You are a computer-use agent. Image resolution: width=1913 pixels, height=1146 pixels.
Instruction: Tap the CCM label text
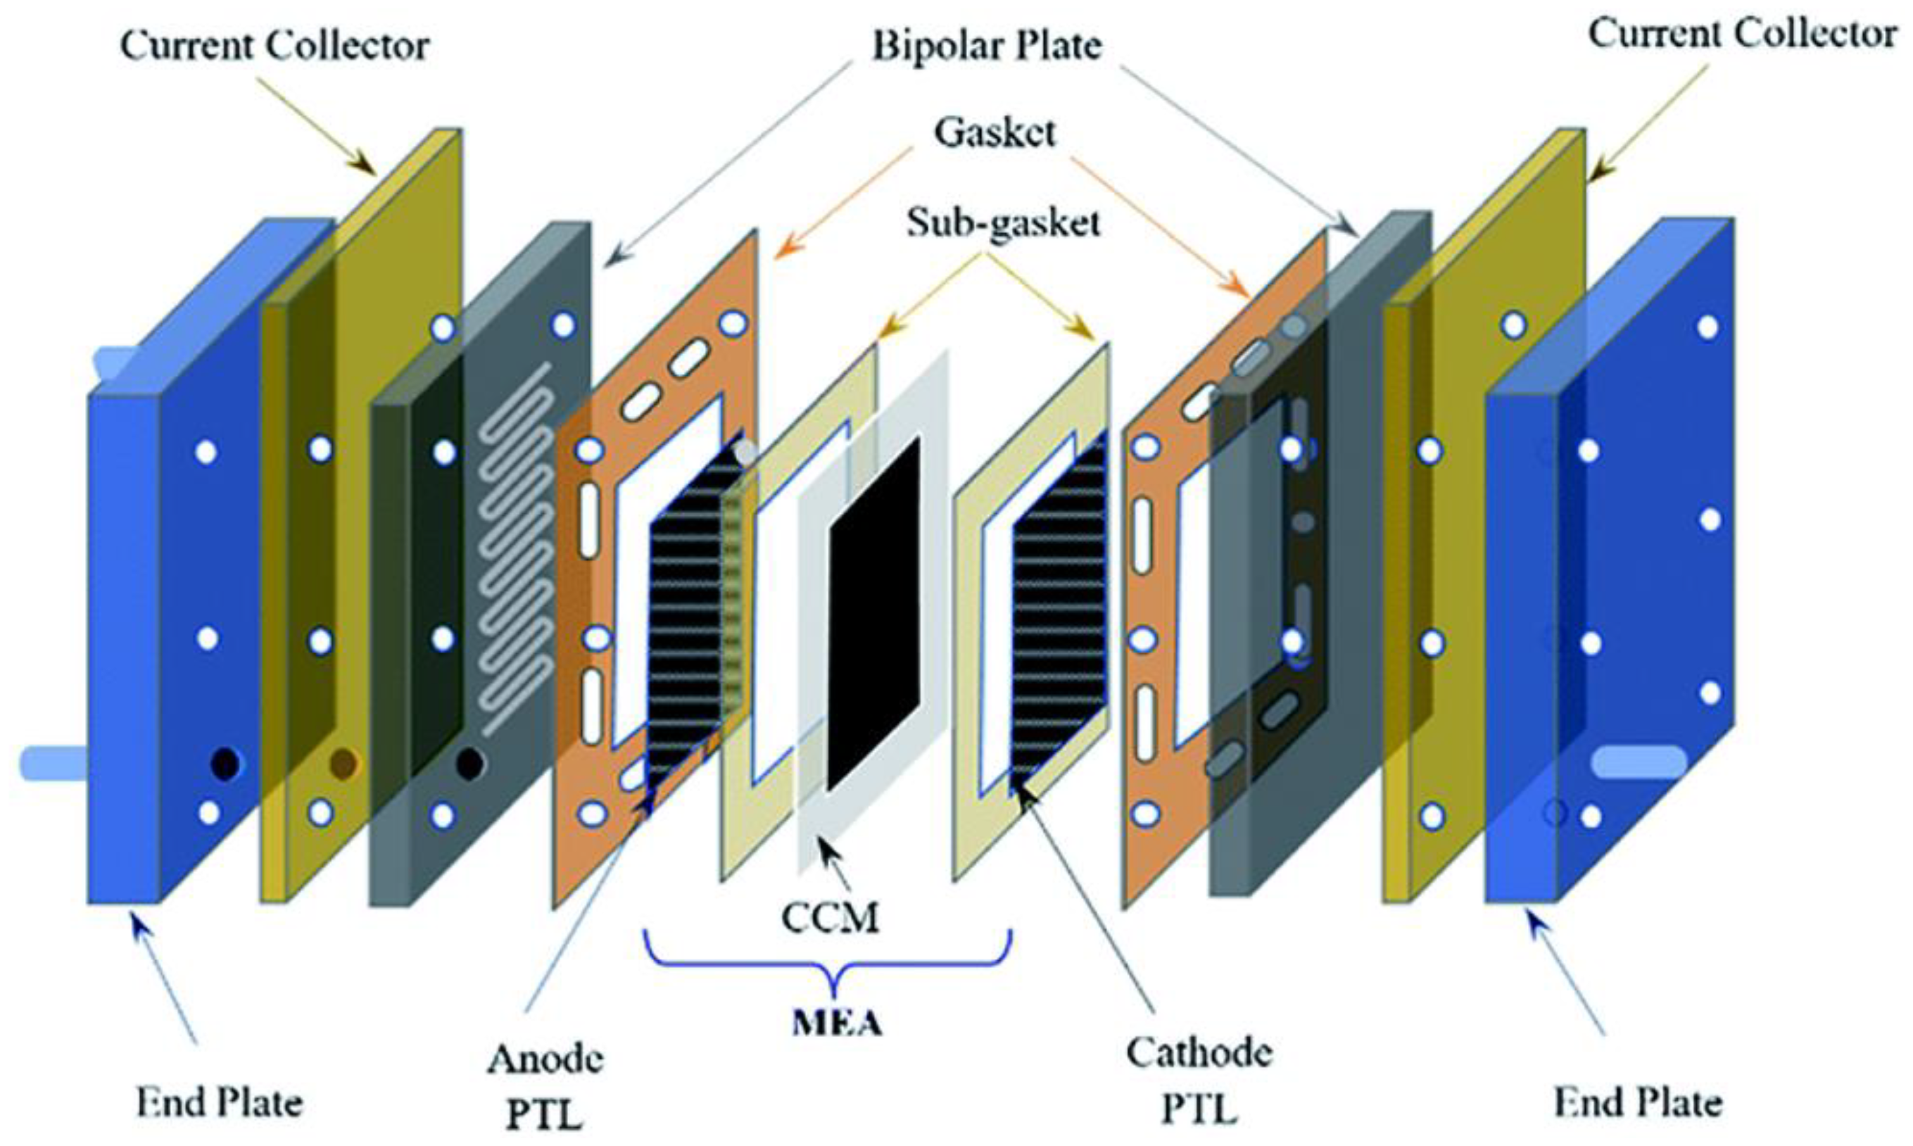[x=830, y=918]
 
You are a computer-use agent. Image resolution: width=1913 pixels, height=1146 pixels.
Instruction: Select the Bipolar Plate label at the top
[x=987, y=46]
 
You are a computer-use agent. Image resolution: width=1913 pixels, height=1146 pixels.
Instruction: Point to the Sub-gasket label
[x=1003, y=223]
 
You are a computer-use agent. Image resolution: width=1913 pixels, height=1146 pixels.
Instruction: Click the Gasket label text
[x=995, y=133]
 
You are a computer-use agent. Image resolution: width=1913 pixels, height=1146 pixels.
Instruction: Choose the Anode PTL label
[x=544, y=1085]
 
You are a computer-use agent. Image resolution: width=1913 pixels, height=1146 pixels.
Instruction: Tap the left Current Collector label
[x=274, y=46]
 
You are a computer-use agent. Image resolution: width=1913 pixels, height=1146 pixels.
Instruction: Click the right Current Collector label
[x=1741, y=34]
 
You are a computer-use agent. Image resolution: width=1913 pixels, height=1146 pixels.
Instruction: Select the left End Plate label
[x=220, y=1103]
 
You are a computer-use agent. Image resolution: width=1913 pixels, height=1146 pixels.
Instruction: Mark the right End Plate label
[x=1637, y=1103]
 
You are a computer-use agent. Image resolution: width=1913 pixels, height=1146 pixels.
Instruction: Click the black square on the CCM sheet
[x=875, y=614]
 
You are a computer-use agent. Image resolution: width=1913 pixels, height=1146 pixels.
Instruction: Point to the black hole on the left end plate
[x=225, y=764]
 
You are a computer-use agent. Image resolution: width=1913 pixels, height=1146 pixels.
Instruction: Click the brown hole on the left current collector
[x=343, y=763]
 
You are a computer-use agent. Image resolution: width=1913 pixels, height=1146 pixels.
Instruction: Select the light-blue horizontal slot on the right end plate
[x=1639, y=762]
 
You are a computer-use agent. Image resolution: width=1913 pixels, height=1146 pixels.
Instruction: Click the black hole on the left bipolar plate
[x=469, y=764]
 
